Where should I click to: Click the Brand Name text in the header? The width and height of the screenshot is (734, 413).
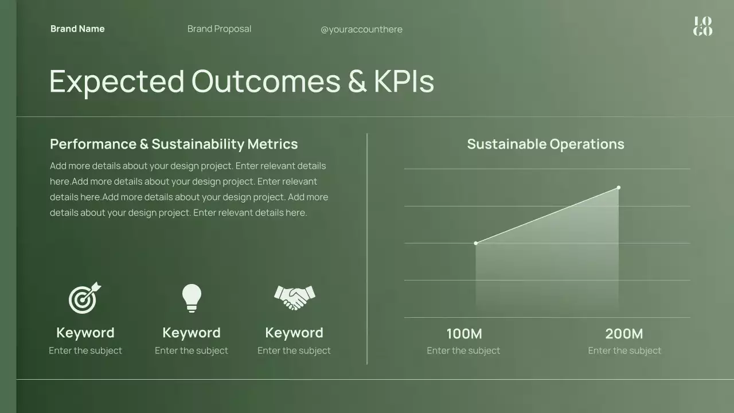pos(77,29)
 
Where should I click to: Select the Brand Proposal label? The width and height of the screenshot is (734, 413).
pos(219,29)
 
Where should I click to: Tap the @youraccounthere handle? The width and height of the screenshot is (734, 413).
pos(361,29)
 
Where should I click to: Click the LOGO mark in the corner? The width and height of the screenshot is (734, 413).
pos(702,26)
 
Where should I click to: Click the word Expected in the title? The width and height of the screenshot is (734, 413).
pos(117,81)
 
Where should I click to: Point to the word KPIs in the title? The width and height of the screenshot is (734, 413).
pos(404,81)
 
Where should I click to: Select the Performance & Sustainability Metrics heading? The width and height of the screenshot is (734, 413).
pos(174,144)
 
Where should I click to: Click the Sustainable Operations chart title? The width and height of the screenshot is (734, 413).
pos(545,144)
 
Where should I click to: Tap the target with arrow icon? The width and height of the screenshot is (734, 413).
pos(85,298)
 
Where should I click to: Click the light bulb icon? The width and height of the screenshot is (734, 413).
pos(192,298)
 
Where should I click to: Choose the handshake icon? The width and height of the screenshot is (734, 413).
pos(294,298)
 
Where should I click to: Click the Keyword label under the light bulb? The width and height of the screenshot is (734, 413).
pos(192,333)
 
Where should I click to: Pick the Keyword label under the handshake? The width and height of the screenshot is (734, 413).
pos(294,333)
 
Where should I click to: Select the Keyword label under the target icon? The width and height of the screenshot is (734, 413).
pos(85,333)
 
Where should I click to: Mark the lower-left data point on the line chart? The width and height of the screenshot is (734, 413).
pos(476,243)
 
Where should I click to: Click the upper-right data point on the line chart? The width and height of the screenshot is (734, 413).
pos(618,188)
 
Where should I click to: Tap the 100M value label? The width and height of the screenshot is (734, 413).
pos(464,333)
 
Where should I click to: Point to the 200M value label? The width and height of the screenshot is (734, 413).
pos(624,333)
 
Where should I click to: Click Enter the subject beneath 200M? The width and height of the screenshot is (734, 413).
pos(624,350)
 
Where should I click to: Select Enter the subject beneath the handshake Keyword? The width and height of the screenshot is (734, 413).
pos(294,350)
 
